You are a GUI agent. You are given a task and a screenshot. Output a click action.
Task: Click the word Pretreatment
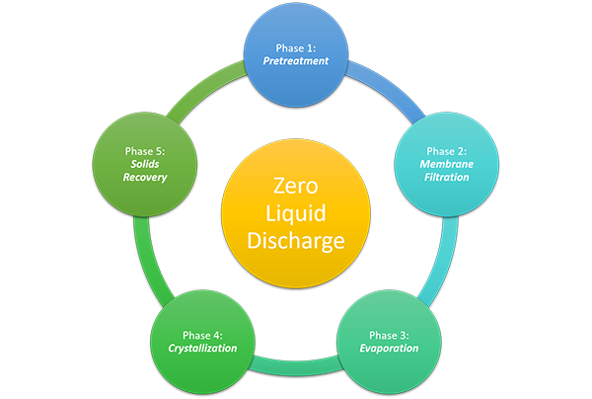[296, 61]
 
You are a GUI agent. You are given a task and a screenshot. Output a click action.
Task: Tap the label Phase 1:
[296, 46]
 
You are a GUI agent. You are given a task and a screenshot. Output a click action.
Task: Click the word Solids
[146, 164]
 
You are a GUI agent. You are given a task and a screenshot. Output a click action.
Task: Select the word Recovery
[146, 178]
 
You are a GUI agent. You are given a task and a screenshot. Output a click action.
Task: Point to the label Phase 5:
[146, 150]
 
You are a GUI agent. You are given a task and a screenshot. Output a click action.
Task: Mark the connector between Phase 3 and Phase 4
[296, 367]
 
